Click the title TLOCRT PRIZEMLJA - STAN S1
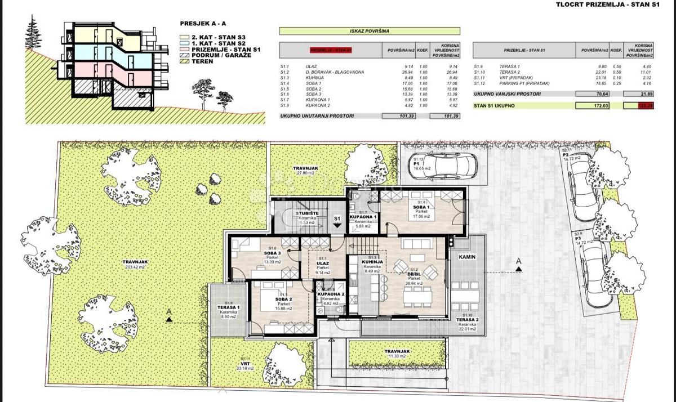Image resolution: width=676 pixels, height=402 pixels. click(x=616, y=6)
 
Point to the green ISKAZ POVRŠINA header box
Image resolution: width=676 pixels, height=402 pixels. click(x=370, y=32)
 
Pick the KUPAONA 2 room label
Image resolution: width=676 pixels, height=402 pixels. click(x=331, y=295)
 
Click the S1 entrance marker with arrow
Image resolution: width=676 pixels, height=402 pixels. click(x=337, y=220)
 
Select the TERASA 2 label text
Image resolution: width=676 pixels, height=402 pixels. click(x=467, y=320)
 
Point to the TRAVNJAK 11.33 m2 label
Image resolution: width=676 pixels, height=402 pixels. click(x=398, y=353)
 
